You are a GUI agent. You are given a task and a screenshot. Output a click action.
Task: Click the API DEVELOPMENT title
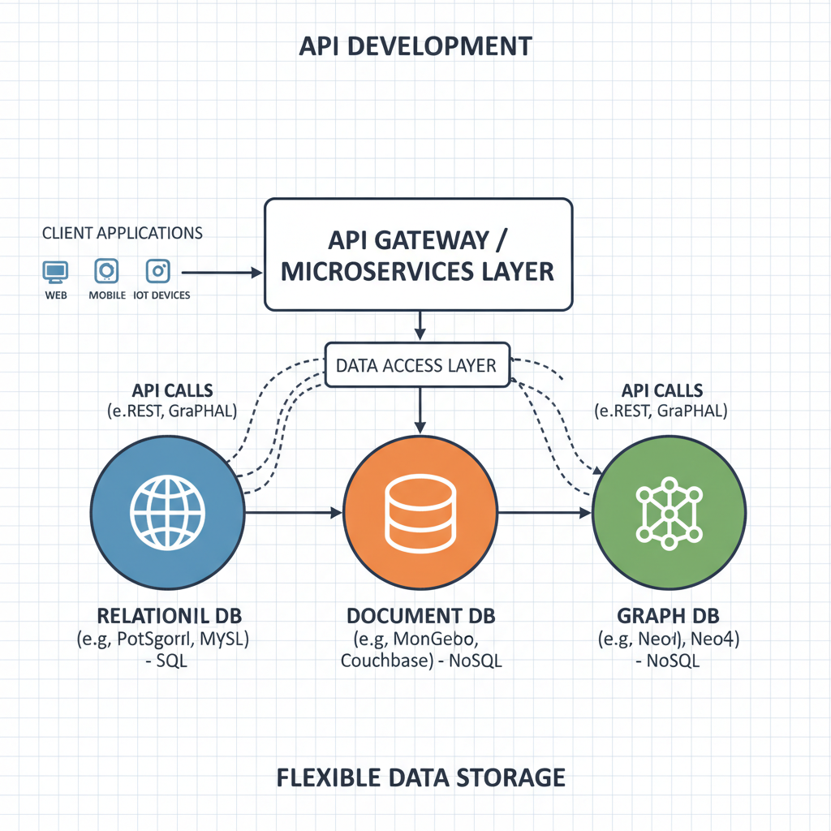pyautogui.click(x=415, y=46)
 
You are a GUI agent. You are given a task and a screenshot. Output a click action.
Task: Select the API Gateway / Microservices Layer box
pyautogui.click(x=419, y=254)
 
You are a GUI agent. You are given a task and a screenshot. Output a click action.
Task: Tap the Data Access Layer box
pyautogui.click(x=416, y=365)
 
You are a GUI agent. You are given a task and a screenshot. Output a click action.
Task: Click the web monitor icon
pyautogui.click(x=56, y=271)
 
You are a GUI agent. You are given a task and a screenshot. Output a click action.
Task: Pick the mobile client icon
pyautogui.click(x=107, y=271)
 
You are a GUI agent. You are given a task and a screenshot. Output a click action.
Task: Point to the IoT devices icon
pyautogui.click(x=158, y=271)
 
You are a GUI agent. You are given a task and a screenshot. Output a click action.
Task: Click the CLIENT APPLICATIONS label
pyautogui.click(x=122, y=233)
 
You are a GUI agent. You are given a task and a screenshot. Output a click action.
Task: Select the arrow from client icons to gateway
pyautogui.click(x=219, y=273)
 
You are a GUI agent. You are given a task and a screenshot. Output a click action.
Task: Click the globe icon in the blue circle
pyautogui.click(x=168, y=513)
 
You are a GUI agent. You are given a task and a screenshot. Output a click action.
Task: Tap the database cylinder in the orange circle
pyautogui.click(x=420, y=513)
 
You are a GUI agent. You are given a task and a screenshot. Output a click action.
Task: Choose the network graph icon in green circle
pyautogui.click(x=670, y=513)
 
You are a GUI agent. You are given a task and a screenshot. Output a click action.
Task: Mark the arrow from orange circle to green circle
pyautogui.click(x=545, y=513)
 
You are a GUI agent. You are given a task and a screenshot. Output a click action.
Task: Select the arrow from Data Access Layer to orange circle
pyautogui.click(x=420, y=410)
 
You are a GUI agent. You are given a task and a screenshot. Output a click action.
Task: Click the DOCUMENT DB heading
pyautogui.click(x=420, y=614)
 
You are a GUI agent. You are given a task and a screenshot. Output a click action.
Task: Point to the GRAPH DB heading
pyautogui.click(x=670, y=614)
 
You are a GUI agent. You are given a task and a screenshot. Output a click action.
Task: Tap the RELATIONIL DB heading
pyautogui.click(x=168, y=614)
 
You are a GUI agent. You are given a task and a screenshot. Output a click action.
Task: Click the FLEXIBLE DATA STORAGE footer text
pyautogui.click(x=421, y=777)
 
